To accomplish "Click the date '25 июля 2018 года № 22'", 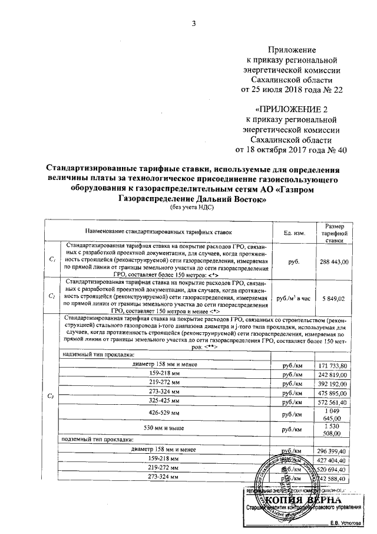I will (x=293, y=90).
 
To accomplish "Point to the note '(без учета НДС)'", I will (x=191, y=207).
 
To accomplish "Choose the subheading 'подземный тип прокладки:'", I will (x=99, y=440).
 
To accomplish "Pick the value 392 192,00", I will (x=333, y=384).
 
